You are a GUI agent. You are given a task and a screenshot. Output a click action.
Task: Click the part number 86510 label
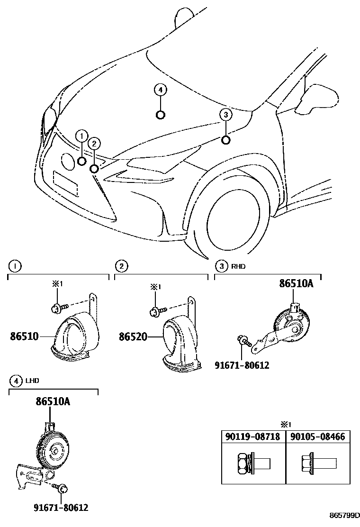tap(24, 337)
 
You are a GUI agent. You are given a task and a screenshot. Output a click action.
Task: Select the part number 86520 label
tap(133, 337)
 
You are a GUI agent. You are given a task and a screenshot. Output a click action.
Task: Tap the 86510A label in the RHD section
tap(296, 284)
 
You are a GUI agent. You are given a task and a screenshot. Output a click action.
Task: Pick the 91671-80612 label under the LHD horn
tap(61, 508)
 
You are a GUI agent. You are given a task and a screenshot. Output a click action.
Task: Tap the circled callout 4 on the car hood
tap(161, 90)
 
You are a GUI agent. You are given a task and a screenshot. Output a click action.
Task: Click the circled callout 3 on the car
tap(226, 114)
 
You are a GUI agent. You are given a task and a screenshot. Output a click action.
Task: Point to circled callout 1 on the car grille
tap(81, 136)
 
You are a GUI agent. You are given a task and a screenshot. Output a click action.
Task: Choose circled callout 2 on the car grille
tap(94, 144)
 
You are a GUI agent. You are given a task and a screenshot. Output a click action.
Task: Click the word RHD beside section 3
tap(238, 266)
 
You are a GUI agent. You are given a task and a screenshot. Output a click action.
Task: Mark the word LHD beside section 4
tap(33, 381)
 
